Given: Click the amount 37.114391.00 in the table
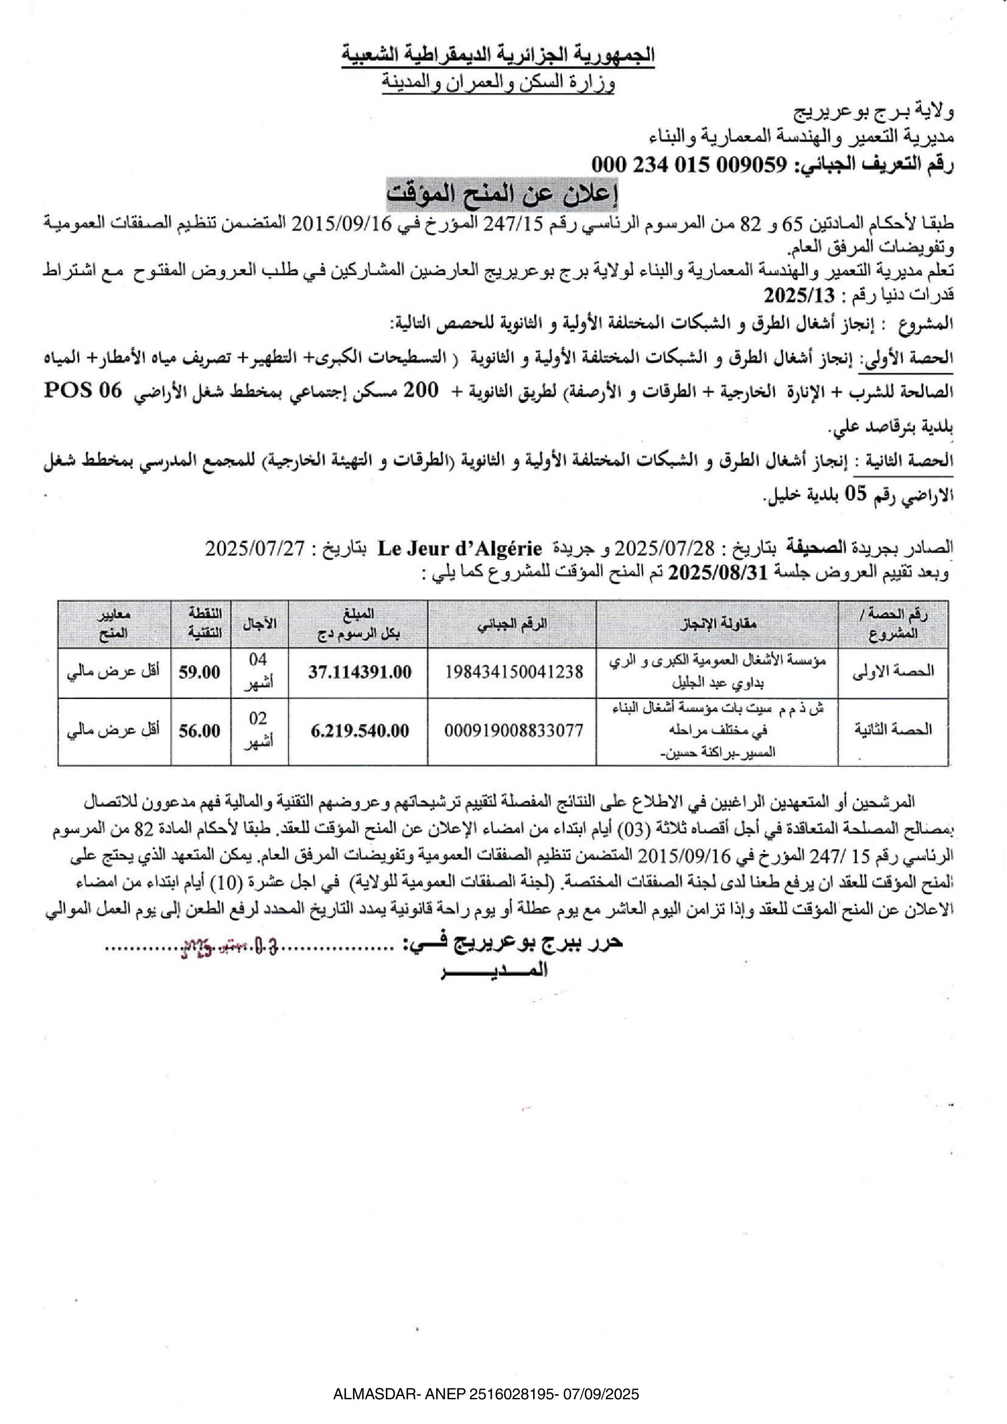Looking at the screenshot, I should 359,672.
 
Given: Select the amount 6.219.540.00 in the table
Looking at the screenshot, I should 359,731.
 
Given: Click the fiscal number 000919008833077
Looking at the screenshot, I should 513,731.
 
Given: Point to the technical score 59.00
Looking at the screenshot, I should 200,672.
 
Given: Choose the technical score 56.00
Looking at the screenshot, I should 200,731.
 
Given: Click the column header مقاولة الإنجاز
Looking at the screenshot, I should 717,624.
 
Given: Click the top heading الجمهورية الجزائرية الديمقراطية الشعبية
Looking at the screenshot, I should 498,55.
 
